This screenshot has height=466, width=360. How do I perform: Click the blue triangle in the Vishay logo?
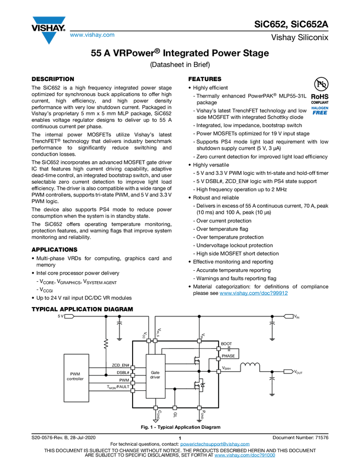click(x=49, y=38)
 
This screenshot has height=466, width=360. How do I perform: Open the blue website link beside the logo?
click(x=92, y=36)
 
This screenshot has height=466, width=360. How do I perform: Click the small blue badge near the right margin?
click(x=320, y=110)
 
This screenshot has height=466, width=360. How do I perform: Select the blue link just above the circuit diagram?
click(x=254, y=293)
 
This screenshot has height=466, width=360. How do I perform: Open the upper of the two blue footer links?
click(x=215, y=445)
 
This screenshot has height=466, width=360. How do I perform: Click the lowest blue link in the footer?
click(x=244, y=456)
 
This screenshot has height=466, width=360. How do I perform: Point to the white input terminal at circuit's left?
click(x=68, y=316)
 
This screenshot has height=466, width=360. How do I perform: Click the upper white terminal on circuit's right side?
click(x=289, y=316)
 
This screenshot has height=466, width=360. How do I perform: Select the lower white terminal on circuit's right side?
click(x=289, y=372)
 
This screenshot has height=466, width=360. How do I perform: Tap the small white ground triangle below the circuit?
click(x=156, y=422)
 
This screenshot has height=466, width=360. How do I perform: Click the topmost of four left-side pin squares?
click(x=133, y=368)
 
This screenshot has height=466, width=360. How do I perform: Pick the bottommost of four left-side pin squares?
click(x=133, y=391)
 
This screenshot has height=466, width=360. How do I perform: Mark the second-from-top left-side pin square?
click(x=133, y=376)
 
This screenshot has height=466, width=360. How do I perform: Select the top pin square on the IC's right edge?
click(x=219, y=349)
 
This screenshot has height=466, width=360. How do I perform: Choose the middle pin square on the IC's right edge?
click(x=219, y=359)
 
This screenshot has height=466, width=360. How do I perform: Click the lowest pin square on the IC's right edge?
click(x=219, y=372)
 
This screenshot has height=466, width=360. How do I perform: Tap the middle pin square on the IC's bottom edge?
click(x=175, y=408)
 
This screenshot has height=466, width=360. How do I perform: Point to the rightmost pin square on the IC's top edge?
click(x=199, y=341)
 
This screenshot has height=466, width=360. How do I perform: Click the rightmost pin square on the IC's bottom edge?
click(x=199, y=408)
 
